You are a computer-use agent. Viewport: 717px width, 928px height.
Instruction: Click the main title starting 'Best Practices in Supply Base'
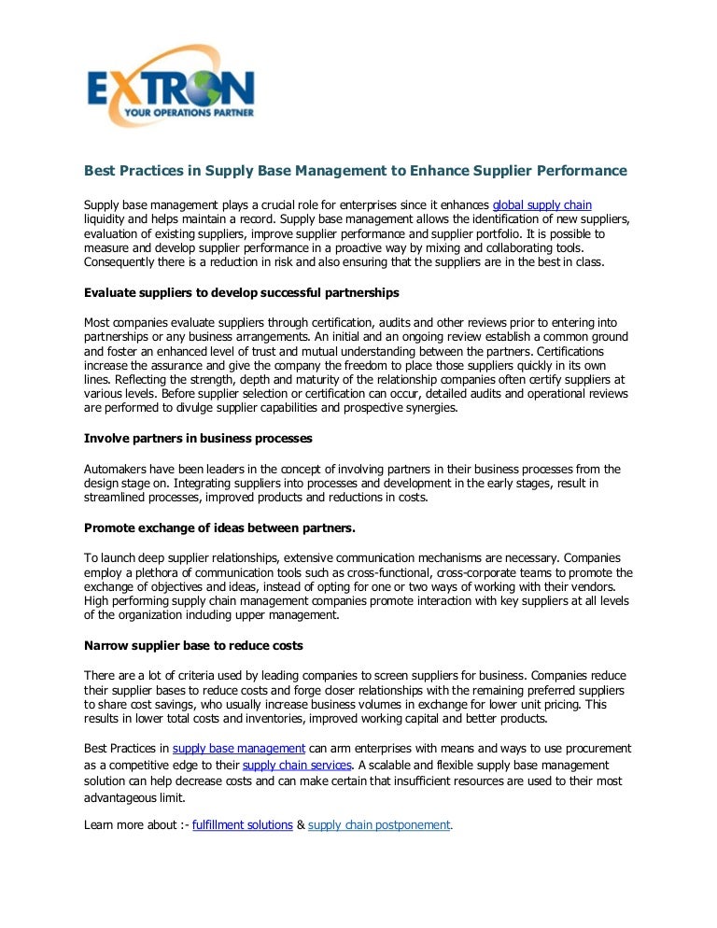(x=355, y=171)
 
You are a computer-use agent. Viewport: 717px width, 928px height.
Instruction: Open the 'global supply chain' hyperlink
(x=541, y=204)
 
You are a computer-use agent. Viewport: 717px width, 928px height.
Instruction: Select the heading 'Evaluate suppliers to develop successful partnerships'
(x=242, y=292)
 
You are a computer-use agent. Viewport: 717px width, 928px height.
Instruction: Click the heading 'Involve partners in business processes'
(x=198, y=438)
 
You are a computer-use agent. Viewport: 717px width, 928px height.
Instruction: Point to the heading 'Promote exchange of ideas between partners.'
(x=219, y=527)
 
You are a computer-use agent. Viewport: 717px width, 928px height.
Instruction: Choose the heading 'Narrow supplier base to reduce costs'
(x=193, y=645)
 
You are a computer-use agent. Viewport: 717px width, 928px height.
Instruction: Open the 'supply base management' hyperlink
(x=239, y=749)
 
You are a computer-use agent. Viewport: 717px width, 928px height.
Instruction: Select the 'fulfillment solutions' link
(x=242, y=825)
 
